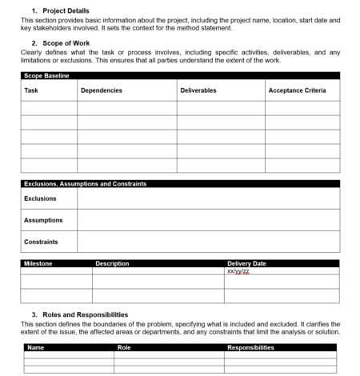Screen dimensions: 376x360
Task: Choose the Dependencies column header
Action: tap(101, 90)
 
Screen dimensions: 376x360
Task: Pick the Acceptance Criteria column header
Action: tap(297, 90)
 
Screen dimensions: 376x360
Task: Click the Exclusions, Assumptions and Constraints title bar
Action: tap(84, 183)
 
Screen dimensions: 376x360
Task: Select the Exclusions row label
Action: tap(40, 198)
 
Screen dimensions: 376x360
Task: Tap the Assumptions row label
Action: tap(43, 220)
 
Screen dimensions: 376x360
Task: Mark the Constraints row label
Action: tap(40, 241)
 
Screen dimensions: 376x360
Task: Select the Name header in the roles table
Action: tap(36, 348)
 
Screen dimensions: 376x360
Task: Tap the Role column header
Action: tap(124, 348)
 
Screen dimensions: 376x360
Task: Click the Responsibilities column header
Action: tap(251, 348)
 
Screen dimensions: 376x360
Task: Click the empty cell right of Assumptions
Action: tap(208, 220)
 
